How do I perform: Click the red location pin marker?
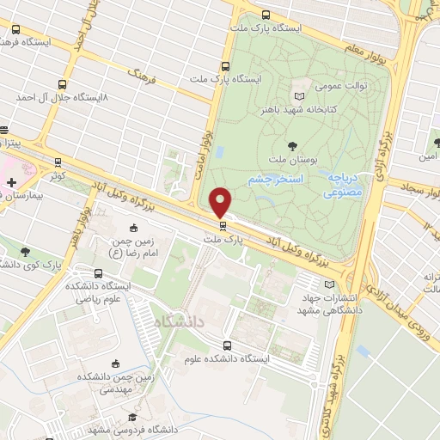coord(221,203)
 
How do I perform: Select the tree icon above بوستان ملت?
coord(293,145)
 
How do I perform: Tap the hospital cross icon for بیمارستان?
coord(10,182)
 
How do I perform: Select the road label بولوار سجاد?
coord(416,190)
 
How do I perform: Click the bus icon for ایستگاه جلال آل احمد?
coord(62,84)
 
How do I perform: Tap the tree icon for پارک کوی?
coord(25,252)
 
